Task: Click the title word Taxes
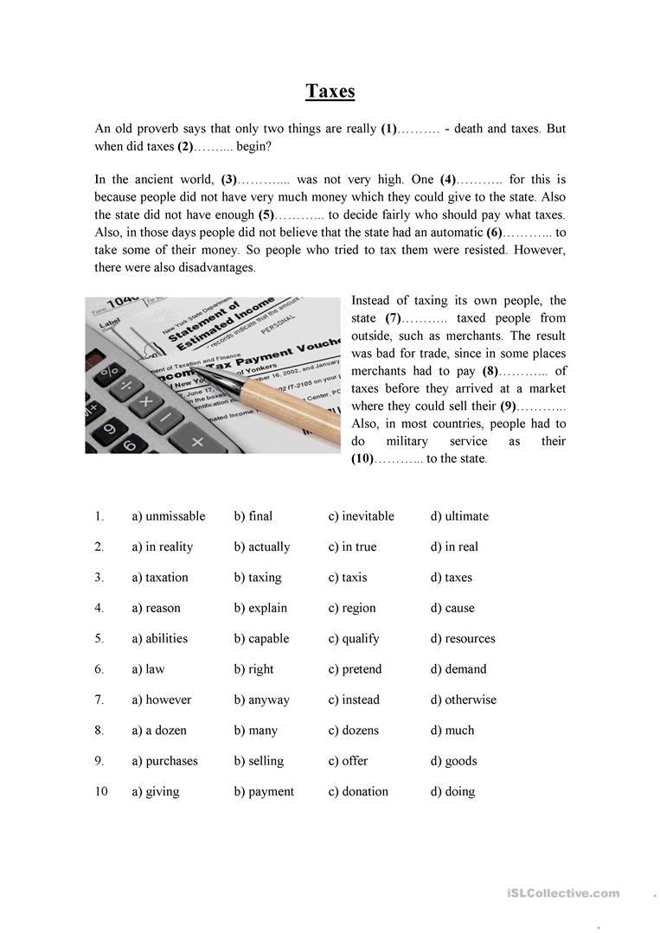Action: click(x=330, y=91)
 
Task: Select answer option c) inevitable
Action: click(x=361, y=516)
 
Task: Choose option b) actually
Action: click(x=262, y=546)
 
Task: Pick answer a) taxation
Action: click(x=159, y=578)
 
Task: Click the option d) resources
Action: click(x=463, y=639)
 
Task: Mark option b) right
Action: click(x=253, y=669)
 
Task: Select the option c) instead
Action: click(x=354, y=700)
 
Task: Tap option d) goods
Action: click(x=453, y=761)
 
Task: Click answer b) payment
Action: click(x=264, y=791)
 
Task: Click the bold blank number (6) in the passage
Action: click(x=494, y=233)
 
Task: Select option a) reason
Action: click(x=156, y=608)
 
